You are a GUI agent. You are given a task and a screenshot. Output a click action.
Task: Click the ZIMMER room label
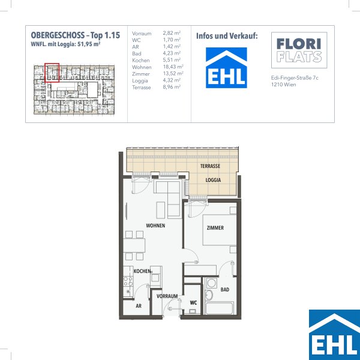point(215,228)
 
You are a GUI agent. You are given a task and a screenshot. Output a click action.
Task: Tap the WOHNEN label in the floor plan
point(155,226)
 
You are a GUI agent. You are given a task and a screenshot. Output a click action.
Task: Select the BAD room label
point(225,290)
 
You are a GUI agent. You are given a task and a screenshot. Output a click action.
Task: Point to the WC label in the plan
point(193,303)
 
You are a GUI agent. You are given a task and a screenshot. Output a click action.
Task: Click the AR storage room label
point(139,306)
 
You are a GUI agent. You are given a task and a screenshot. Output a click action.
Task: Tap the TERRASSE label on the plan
point(210,166)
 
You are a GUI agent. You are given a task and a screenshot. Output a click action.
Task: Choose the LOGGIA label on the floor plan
point(213,180)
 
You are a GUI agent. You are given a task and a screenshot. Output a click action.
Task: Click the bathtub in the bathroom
point(219,309)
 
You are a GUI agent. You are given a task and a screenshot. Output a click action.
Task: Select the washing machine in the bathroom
point(211,283)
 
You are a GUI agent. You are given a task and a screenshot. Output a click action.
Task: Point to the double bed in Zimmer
point(220,230)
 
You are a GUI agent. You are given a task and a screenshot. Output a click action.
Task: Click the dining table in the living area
point(134,245)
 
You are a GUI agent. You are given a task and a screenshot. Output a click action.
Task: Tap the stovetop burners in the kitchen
point(128,282)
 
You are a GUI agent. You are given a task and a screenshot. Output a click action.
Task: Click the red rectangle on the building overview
point(52,73)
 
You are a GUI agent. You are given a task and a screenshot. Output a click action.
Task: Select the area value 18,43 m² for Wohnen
point(173,67)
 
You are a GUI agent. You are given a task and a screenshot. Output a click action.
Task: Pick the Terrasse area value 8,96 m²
point(172,87)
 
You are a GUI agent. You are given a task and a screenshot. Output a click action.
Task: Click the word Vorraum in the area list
point(142,34)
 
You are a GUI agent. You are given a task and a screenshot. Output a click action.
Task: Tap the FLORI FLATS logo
point(299,50)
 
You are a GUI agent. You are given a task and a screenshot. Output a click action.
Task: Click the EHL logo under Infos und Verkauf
point(226,68)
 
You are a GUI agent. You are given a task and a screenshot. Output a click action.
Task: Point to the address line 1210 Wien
point(284,85)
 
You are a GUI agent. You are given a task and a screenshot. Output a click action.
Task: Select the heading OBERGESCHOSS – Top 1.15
point(76,35)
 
